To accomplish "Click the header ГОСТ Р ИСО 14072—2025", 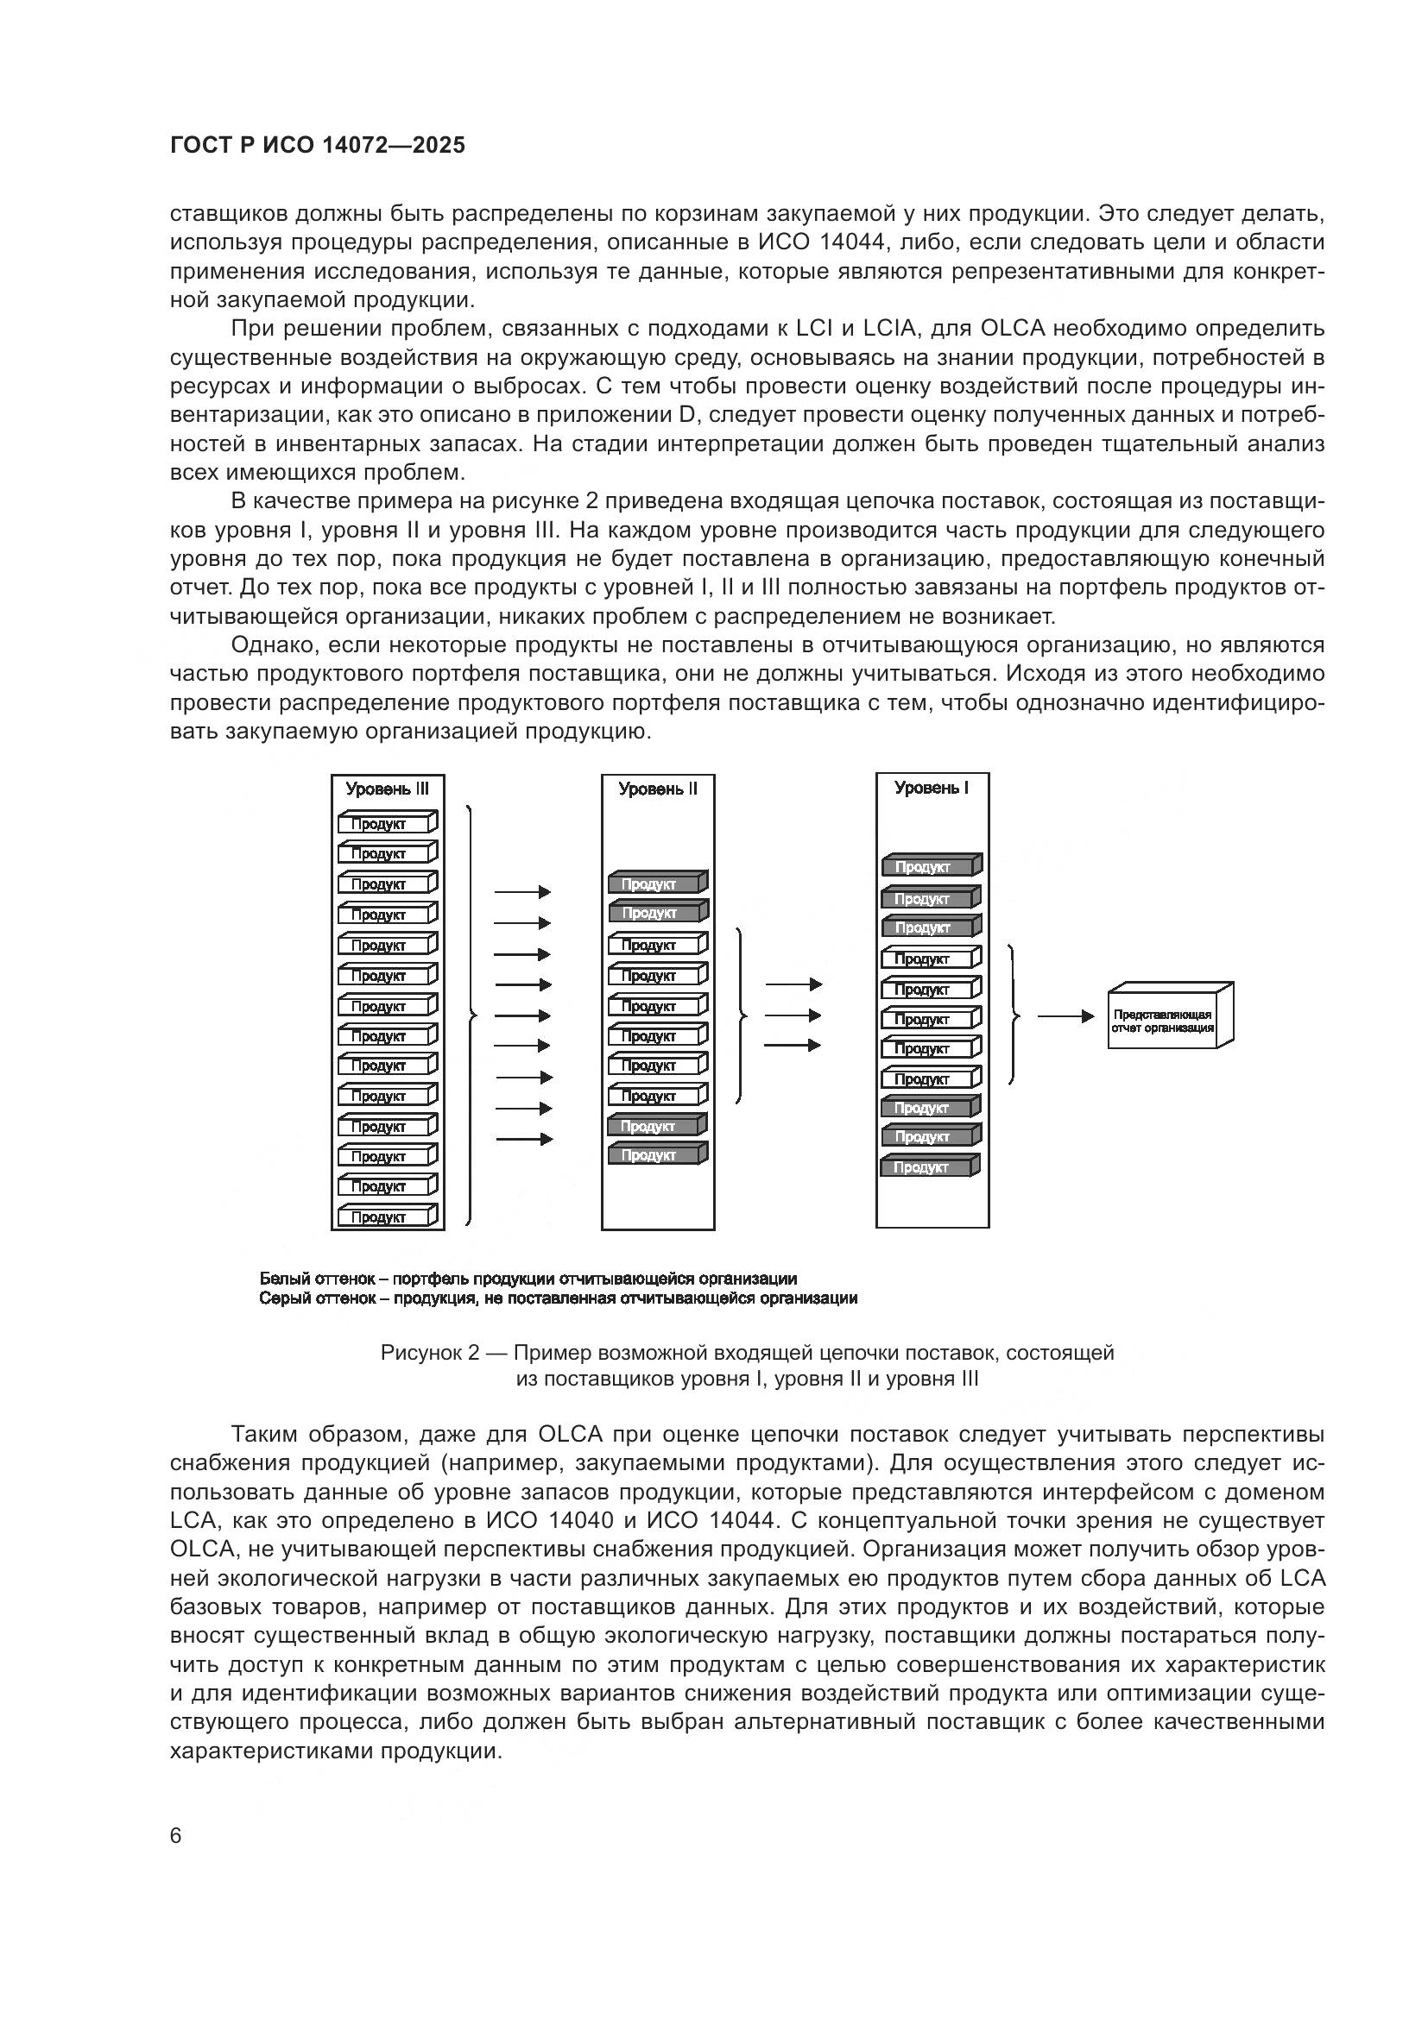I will point(318,145).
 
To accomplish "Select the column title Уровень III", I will point(387,789).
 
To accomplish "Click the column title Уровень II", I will point(658,789).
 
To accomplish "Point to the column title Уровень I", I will point(932,788).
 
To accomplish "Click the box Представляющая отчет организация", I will point(1169,1017).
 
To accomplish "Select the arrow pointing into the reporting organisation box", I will point(1065,1017).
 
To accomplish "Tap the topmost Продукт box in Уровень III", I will point(386,824).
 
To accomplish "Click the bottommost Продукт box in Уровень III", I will point(386,1216).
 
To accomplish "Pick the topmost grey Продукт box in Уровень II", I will point(656,883).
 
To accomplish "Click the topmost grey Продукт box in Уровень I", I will point(931,866).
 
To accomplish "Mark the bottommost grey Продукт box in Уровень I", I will point(931,1167).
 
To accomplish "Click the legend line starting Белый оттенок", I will point(528,1279).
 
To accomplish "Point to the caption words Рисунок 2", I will point(429,1353).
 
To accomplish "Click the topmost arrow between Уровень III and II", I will point(522,892).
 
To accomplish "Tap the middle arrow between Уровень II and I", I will point(793,1015).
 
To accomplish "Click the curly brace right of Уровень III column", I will point(471,1015).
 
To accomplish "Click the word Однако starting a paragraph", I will point(274,645).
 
